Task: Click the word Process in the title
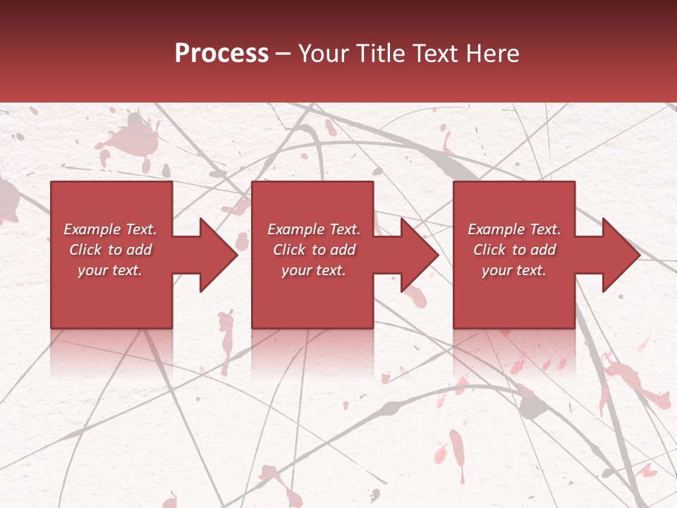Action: click(221, 54)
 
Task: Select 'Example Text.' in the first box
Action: click(111, 229)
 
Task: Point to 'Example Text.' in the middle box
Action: click(314, 229)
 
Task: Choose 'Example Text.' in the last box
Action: click(514, 229)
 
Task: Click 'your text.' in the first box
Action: click(111, 270)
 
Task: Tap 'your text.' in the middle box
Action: click(314, 270)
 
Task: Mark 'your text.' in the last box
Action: click(514, 270)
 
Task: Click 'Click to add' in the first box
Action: click(111, 250)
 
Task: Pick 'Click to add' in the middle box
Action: click(314, 250)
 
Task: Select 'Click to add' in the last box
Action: click(514, 250)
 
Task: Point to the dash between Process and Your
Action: click(283, 54)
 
